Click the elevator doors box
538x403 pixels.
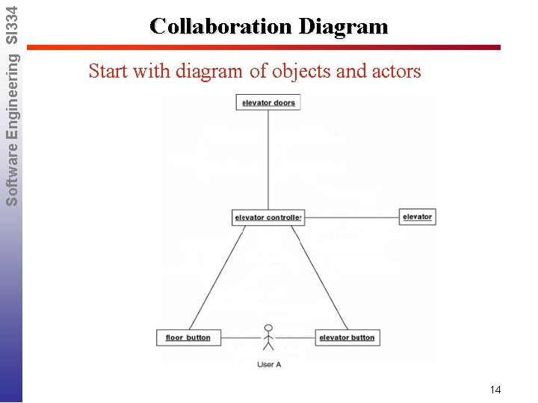click(268, 102)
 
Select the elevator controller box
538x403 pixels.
click(268, 217)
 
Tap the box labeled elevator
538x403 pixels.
click(417, 216)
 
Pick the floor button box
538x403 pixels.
click(188, 337)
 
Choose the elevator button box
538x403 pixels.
click(347, 337)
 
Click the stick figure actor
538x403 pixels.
click(268, 337)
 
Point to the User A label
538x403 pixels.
click(269, 364)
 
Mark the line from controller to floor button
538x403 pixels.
click(217, 276)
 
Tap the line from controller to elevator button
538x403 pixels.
click(319, 276)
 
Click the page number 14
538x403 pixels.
click(495, 390)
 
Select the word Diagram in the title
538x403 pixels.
click(344, 27)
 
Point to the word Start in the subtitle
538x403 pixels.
click(107, 72)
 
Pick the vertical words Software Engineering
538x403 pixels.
click(11, 127)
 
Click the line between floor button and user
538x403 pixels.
click(238, 338)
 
